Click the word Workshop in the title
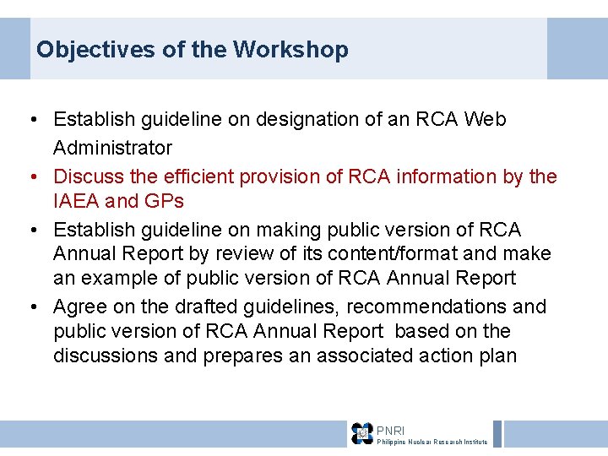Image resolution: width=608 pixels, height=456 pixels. [290, 49]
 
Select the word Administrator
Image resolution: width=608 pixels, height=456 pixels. [112, 148]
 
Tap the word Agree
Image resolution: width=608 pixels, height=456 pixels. [79, 306]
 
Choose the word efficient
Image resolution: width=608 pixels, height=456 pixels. [196, 176]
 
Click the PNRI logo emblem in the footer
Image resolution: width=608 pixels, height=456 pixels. [362, 433]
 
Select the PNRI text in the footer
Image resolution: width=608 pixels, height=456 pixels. [390, 430]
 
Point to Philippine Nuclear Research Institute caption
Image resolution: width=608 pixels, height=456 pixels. [432, 442]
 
